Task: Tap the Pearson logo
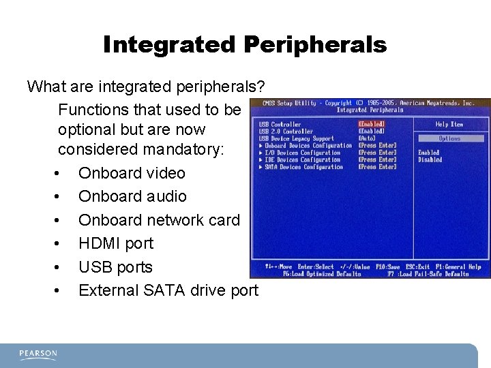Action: click(38, 354)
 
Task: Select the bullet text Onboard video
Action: click(132, 173)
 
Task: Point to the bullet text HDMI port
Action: click(116, 243)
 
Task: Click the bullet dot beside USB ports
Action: click(60, 267)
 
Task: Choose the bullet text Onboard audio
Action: click(132, 196)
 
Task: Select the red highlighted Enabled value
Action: click(372, 125)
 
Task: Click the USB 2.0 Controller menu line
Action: click(286, 132)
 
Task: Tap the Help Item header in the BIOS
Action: click(449, 125)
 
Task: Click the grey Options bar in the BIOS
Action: click(450, 138)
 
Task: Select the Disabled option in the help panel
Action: click(430, 160)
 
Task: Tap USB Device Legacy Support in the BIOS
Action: click(297, 138)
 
